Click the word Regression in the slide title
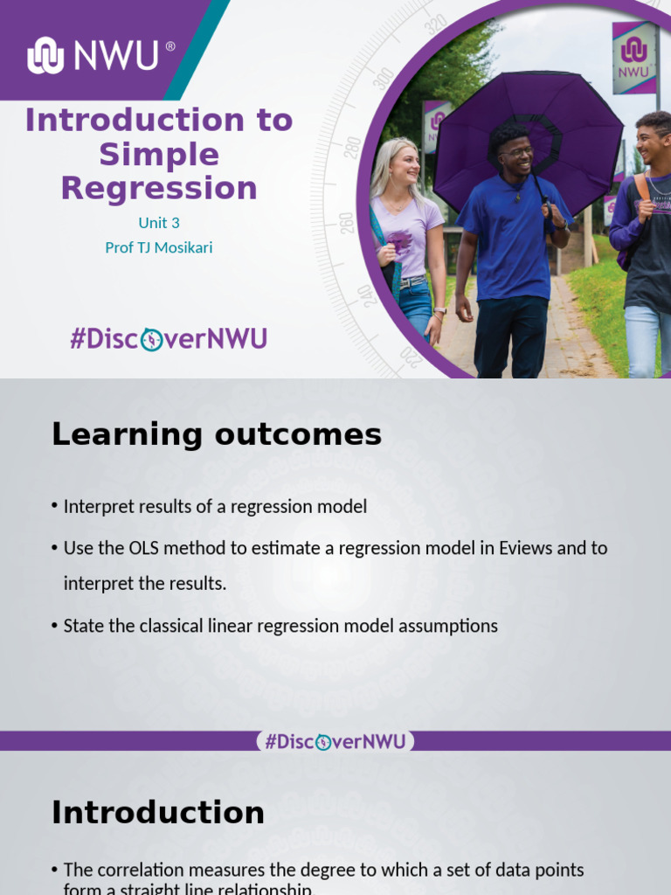(159, 188)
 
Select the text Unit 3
(159, 223)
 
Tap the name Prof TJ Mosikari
(159, 247)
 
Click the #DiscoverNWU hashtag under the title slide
(169, 338)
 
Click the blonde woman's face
(405, 164)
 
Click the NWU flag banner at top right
(633, 57)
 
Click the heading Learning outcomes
(217, 434)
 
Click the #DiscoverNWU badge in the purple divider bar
(335, 741)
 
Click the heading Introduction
(158, 813)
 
